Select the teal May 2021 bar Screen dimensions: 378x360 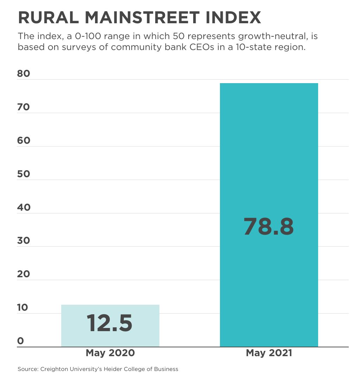coord(269,159)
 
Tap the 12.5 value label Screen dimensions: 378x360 coord(109,323)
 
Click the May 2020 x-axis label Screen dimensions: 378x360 coord(110,353)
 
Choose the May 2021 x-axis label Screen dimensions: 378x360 coord(269,353)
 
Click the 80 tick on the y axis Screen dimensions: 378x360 coord(24,74)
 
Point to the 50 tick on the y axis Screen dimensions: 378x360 coord(24,174)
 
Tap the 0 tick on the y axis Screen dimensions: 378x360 coord(20,341)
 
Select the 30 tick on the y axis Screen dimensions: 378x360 coord(24,241)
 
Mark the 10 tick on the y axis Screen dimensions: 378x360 coord(23,308)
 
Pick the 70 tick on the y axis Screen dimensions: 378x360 coord(24,107)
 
